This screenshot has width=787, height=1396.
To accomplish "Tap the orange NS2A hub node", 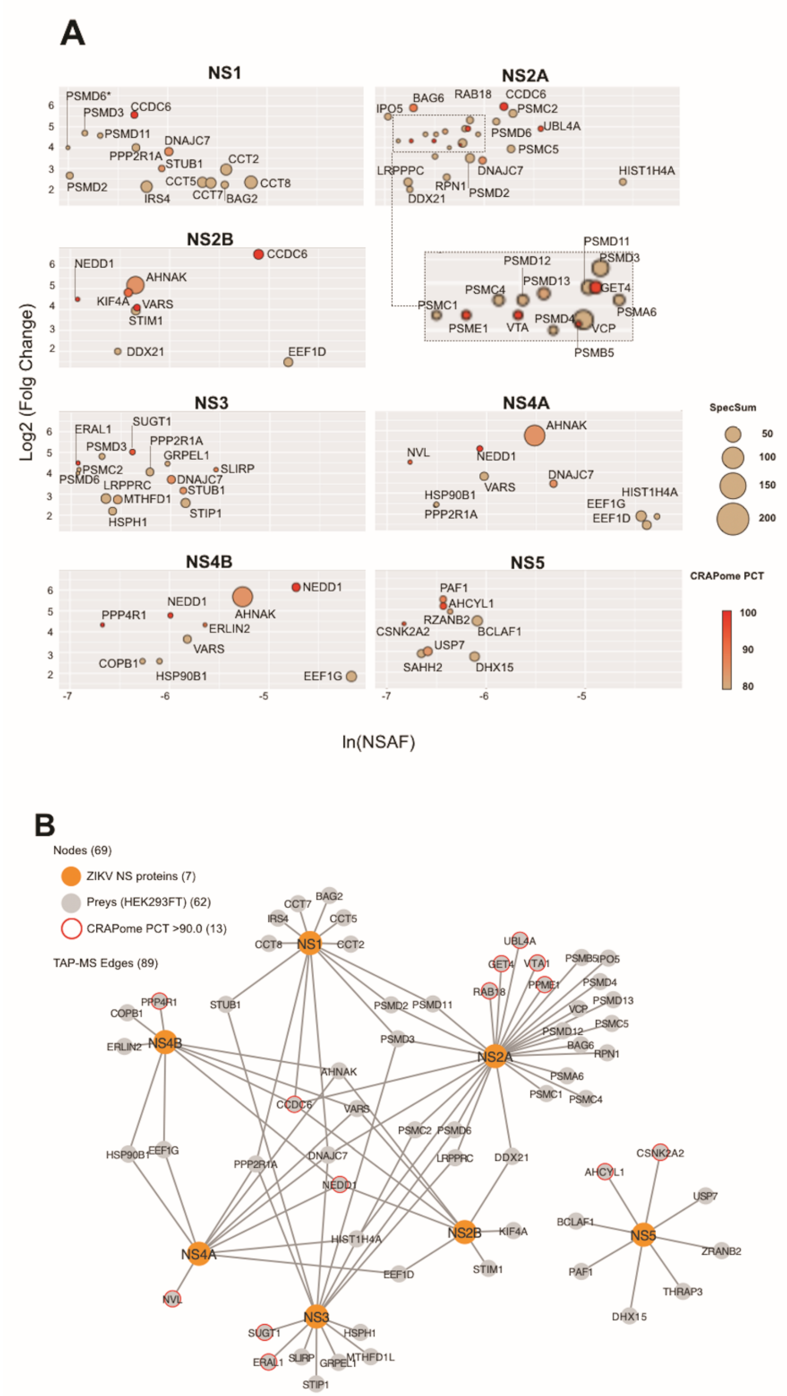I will [x=494, y=1056].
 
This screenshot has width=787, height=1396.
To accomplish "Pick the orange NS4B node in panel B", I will [x=165, y=1042].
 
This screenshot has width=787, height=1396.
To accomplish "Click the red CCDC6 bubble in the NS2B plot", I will [x=258, y=254].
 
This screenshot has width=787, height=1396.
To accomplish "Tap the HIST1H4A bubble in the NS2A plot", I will [x=623, y=182].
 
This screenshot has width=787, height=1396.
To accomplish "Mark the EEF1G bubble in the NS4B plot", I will [x=351, y=676].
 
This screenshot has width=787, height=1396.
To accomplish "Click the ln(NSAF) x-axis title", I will [x=378, y=742].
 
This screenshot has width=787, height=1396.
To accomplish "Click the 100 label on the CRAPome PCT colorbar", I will [x=748, y=613].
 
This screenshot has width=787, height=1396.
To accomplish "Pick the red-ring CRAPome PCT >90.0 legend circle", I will [x=71, y=928].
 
